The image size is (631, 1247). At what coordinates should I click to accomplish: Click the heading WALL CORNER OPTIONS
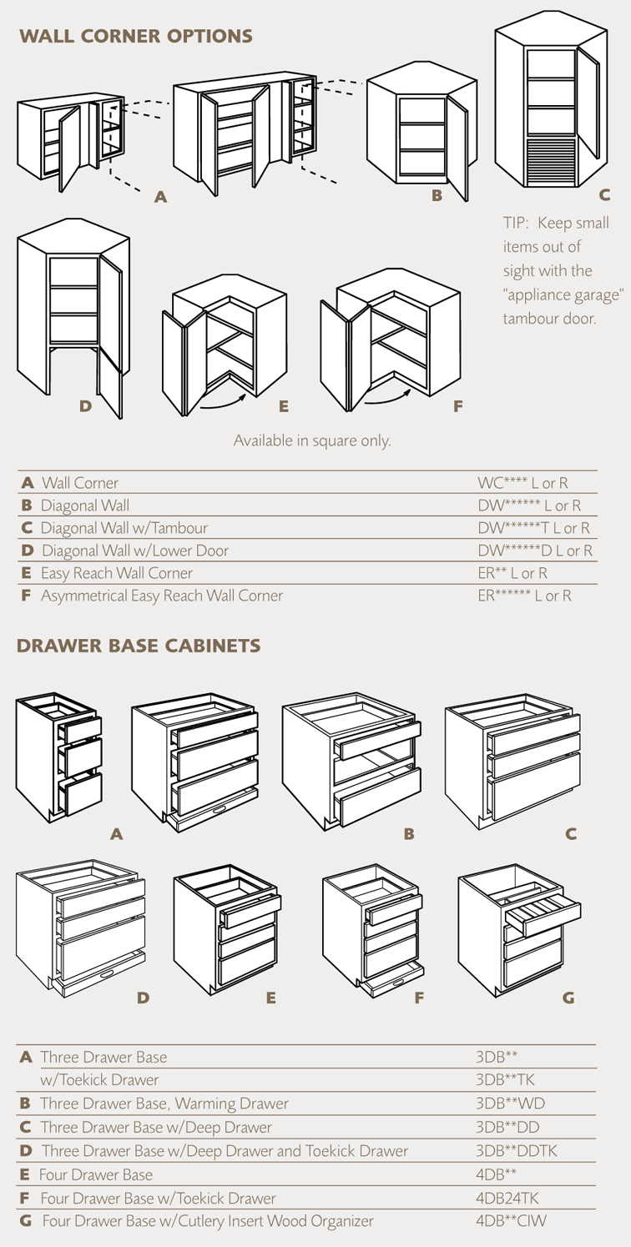(x=136, y=36)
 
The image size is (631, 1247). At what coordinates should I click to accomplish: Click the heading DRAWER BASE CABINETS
(x=139, y=646)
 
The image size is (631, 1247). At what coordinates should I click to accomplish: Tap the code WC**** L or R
(x=522, y=483)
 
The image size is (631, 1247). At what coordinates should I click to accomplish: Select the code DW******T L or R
(x=533, y=528)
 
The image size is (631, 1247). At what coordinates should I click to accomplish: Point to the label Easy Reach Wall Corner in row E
(x=116, y=573)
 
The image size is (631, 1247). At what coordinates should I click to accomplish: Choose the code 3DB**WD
(x=510, y=1103)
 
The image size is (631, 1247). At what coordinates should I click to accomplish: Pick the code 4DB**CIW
(x=512, y=1221)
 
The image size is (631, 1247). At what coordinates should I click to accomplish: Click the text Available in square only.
(x=312, y=440)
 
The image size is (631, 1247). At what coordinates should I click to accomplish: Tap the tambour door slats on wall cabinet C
(x=550, y=162)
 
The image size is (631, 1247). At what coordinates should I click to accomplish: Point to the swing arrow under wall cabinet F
(x=388, y=397)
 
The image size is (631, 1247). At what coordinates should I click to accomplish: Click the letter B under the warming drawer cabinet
(x=409, y=834)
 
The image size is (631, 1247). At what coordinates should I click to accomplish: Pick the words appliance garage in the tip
(x=563, y=295)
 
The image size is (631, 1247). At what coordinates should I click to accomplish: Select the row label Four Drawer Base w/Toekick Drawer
(x=159, y=1198)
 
